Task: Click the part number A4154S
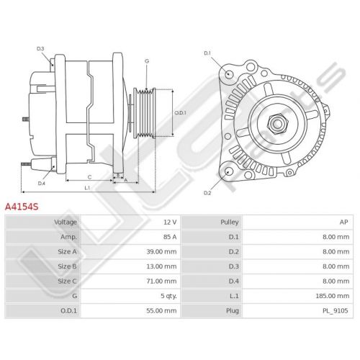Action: coord(22,207)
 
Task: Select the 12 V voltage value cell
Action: coord(170,222)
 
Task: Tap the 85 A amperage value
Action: coord(170,237)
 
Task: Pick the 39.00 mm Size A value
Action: coord(161,252)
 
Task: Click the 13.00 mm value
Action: coord(161,266)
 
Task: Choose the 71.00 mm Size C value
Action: coord(161,281)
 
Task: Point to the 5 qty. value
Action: coord(168,296)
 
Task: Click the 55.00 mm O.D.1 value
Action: coord(161,310)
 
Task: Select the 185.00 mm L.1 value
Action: coord(333,296)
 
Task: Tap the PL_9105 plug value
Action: coord(335,311)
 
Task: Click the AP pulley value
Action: coord(343,222)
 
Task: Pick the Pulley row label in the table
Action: coord(230,222)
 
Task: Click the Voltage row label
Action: coord(66,222)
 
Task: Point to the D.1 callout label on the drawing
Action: coord(207,53)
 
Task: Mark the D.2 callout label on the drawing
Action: coord(207,193)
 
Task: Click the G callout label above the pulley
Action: coord(147,61)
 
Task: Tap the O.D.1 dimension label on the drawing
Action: coord(180,112)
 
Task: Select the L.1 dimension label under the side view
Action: coord(87,188)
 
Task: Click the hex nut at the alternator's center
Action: coord(277,123)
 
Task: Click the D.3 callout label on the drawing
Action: coord(40,49)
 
